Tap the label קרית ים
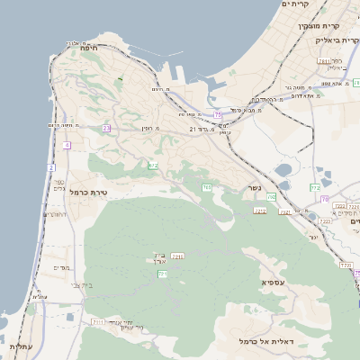coord(296,4)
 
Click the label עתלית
coord(20,346)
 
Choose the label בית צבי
coord(82,284)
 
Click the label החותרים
coord(55,215)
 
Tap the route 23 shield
coord(106,129)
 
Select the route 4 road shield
coord(67,145)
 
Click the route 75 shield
coord(217,115)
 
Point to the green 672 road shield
coord(154,165)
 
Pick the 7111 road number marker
coord(97,321)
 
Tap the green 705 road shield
coord(207,187)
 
